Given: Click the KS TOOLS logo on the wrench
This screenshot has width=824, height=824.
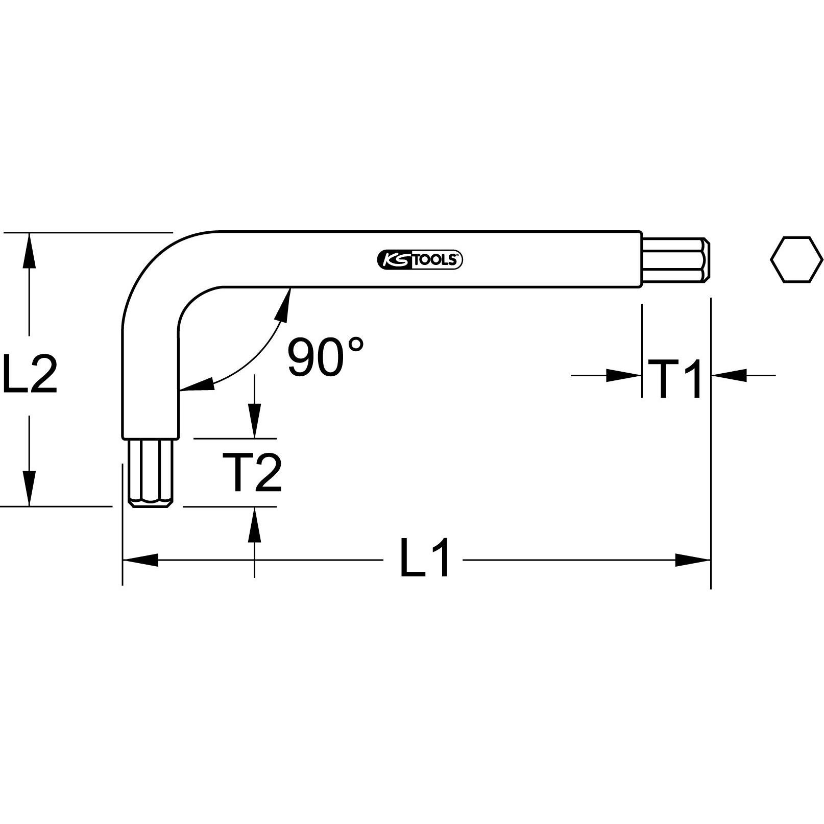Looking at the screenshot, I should (x=420, y=260).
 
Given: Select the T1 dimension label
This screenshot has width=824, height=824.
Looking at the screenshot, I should (x=675, y=379).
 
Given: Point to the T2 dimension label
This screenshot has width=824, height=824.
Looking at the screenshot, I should (x=252, y=473).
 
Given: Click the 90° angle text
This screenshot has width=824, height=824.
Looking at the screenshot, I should (x=325, y=356).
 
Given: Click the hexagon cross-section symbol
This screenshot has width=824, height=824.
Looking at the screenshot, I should (x=796, y=259).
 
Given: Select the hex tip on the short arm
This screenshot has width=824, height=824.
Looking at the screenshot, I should (x=150, y=472).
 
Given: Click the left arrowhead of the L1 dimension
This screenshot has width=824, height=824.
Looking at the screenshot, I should (x=140, y=560).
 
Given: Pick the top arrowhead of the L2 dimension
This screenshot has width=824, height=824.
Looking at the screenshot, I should (x=30, y=250).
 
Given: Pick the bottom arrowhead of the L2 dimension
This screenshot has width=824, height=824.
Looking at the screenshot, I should (x=30, y=488).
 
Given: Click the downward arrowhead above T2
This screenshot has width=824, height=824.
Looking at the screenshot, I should (x=254, y=421).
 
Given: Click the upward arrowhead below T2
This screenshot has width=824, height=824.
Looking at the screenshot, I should (x=254, y=524).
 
